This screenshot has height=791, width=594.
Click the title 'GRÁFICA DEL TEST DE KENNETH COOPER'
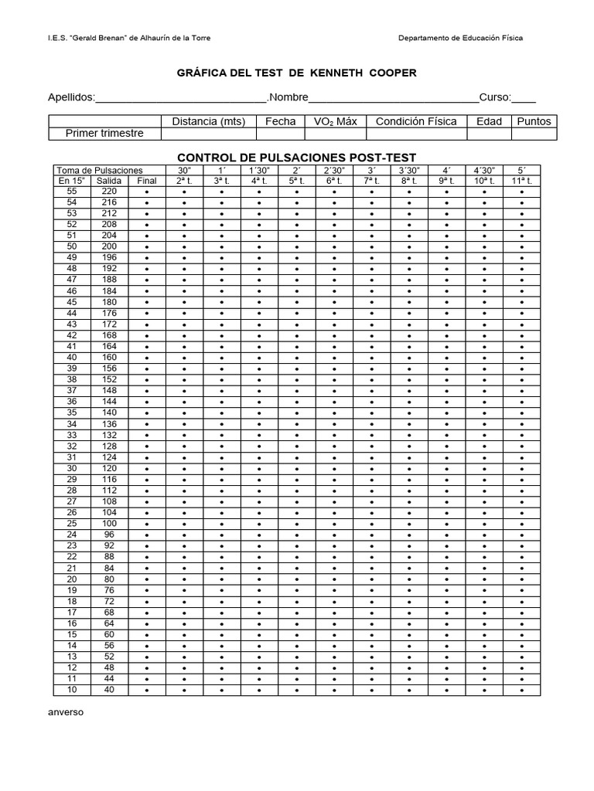click(x=298, y=73)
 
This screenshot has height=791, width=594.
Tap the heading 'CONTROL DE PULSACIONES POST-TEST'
click(x=297, y=158)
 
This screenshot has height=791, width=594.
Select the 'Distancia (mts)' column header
click(x=208, y=121)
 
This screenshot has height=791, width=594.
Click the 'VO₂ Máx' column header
click(x=335, y=121)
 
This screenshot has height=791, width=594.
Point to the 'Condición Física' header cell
click(x=416, y=121)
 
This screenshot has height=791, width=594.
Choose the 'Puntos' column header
click(x=534, y=121)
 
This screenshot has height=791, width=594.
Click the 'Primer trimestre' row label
click(x=104, y=134)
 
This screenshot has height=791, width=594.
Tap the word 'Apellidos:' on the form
click(x=71, y=97)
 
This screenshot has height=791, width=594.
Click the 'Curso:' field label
click(x=495, y=97)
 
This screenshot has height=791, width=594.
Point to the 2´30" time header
click(x=334, y=170)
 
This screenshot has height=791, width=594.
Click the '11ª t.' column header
click(x=522, y=181)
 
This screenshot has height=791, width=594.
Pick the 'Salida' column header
click(x=109, y=181)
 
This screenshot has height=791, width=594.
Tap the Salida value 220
click(x=109, y=192)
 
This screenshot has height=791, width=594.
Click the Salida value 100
click(x=109, y=524)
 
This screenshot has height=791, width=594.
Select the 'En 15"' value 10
click(x=72, y=690)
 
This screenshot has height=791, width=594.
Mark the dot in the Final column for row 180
click(x=146, y=303)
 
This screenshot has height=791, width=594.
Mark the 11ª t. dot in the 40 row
click(x=522, y=690)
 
